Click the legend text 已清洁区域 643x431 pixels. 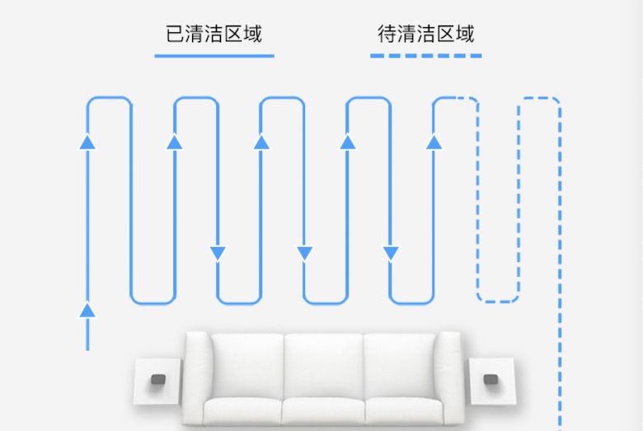coord(214,34)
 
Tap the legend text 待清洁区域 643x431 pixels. coord(426,34)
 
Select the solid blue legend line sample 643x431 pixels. coord(214,56)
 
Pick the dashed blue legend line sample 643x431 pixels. coord(426,56)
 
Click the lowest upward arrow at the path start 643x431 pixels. coord(87,310)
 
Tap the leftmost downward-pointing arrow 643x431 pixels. coord(218,253)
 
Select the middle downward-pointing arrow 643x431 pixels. coord(305,253)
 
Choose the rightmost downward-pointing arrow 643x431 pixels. coord(391,253)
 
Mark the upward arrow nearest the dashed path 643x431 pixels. coord(434,142)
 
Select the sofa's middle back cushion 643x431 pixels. coord(323,363)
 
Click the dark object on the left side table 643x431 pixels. coord(157,380)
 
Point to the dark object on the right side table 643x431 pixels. coord(491,380)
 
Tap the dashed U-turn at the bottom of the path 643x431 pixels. coord(498,299)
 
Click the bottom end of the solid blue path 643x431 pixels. coord(87,348)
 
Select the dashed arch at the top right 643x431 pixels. coord(539,100)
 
